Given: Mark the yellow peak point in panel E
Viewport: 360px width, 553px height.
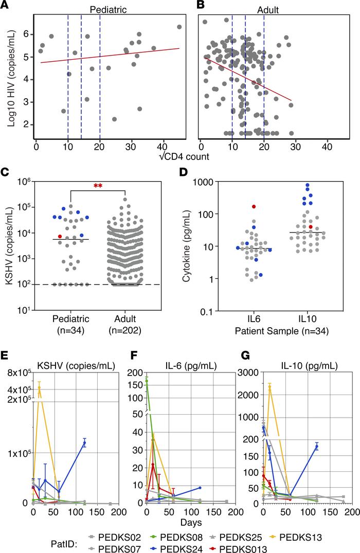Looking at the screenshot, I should [39, 389].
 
